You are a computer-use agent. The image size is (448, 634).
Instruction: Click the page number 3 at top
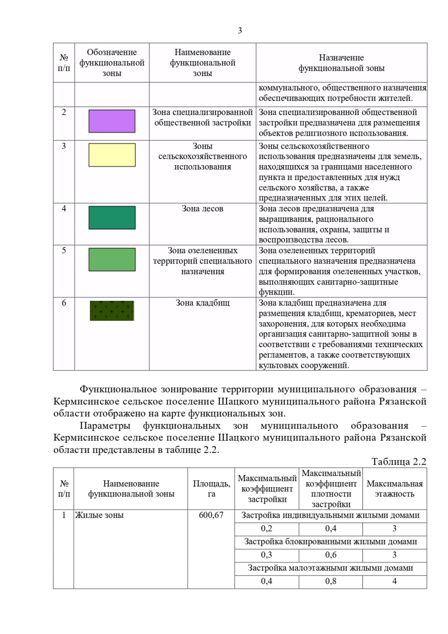[x=240, y=31]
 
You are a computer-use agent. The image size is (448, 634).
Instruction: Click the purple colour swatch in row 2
[x=112, y=121]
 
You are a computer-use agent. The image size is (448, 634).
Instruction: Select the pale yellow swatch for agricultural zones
[x=112, y=155]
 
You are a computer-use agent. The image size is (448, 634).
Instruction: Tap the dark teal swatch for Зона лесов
[x=112, y=217]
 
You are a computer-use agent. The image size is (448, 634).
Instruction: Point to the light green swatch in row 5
[x=112, y=259]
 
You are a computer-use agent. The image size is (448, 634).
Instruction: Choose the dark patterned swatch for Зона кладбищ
[x=112, y=311]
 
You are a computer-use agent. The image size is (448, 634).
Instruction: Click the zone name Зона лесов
[x=202, y=209]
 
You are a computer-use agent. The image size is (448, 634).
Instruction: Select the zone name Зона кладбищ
[x=202, y=303]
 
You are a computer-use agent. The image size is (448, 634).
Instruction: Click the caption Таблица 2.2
[x=398, y=462]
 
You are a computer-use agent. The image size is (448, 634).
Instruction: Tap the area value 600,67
[x=211, y=515]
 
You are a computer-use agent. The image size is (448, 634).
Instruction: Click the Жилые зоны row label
[x=99, y=515]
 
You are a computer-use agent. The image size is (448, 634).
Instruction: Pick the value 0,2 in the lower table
[x=267, y=529]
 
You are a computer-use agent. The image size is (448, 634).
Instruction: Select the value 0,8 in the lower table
[x=330, y=581]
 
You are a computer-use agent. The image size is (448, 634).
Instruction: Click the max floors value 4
[x=394, y=581]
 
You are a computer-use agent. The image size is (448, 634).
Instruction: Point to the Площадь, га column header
[x=211, y=489]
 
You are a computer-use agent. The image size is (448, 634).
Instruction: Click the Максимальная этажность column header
[x=394, y=489]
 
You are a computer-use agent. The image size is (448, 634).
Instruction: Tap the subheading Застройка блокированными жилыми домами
[x=330, y=542]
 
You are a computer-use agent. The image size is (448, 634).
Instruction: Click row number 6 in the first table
[x=64, y=303]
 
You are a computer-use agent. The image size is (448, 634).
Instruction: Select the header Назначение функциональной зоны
[x=341, y=63]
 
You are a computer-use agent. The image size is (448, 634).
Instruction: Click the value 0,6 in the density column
[x=330, y=555]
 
